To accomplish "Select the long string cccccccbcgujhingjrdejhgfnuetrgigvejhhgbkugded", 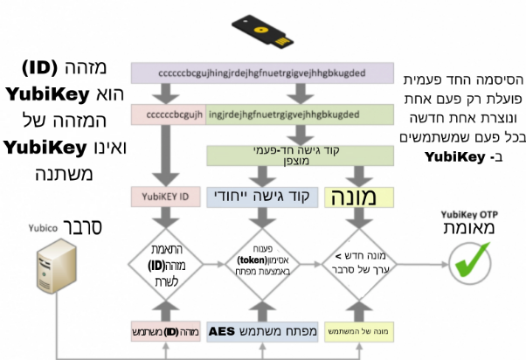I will (261, 73).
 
